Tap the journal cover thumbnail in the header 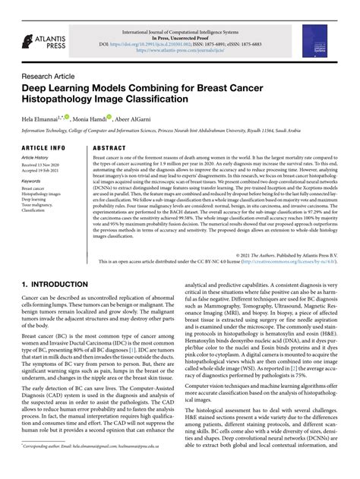pos(339,37)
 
